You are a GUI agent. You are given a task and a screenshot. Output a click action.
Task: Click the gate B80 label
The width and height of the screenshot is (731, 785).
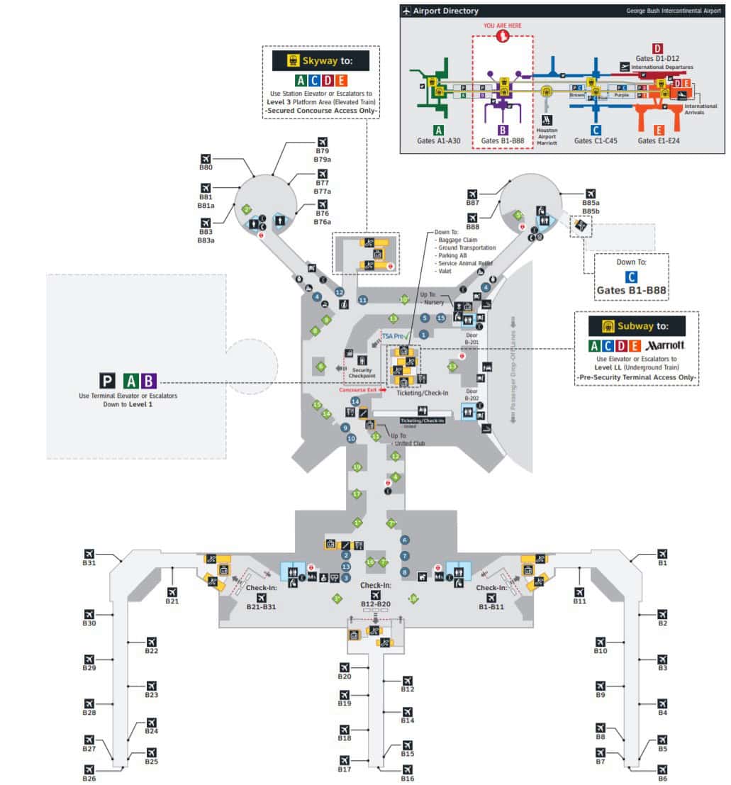click(x=206, y=168)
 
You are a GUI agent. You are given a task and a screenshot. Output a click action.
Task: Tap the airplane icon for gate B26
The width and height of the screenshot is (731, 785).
click(x=89, y=769)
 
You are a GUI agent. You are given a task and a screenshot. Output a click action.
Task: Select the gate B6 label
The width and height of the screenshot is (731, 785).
click(x=662, y=778)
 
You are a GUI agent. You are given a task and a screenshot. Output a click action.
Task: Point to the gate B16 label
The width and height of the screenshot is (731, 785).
click(x=407, y=778)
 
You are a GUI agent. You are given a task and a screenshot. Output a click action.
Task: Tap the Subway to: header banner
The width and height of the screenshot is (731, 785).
click(x=637, y=325)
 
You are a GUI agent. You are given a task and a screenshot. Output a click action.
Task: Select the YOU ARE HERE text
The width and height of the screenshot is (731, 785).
click(x=503, y=26)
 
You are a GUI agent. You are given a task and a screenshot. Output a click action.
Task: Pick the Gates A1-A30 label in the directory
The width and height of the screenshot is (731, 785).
click(x=438, y=140)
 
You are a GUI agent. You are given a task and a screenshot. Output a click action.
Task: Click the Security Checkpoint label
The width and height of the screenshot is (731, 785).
click(x=362, y=372)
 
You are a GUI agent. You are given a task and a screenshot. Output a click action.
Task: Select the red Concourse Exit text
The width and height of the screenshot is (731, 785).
click(x=359, y=390)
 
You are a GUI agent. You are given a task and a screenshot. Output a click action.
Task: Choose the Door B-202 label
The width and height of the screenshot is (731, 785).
click(x=472, y=394)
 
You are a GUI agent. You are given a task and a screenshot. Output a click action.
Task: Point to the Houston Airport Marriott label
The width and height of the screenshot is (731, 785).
click(x=547, y=135)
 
